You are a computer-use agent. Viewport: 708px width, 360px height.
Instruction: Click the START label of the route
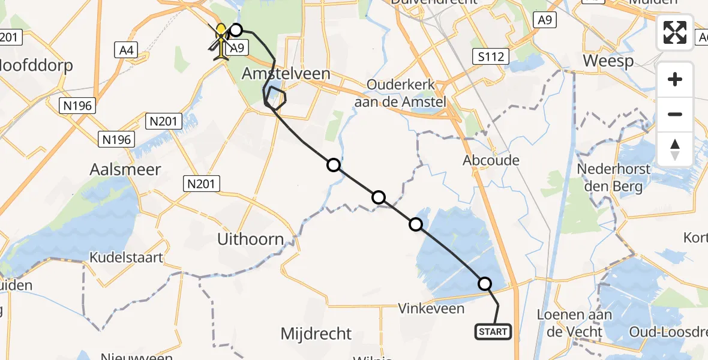pos(493,331)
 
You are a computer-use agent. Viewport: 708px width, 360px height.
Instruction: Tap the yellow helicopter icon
pos(222,41)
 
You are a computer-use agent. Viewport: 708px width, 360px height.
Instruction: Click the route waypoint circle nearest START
pos(484,284)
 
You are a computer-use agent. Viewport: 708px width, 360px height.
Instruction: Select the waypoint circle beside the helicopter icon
pos(236,30)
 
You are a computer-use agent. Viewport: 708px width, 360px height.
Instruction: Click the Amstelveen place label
pos(286,74)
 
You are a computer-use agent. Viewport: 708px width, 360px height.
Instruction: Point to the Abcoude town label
pos(491,161)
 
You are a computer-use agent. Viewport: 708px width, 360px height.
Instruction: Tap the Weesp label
pos(608,62)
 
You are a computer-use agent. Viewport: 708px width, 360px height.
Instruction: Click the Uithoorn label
pos(250,239)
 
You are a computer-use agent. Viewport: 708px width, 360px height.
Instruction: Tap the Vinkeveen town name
pos(432,309)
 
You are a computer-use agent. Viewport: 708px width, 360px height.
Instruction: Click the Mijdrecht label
pos(316,334)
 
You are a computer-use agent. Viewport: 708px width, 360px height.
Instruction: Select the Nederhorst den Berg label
pos(613,177)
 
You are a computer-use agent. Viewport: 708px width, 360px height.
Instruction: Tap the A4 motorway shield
pos(126,50)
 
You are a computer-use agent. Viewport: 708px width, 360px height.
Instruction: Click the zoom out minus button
pos(675,114)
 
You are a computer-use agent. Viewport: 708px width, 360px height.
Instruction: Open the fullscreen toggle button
pos(675,32)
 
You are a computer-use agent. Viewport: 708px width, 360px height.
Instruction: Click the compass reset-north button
pos(675,149)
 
